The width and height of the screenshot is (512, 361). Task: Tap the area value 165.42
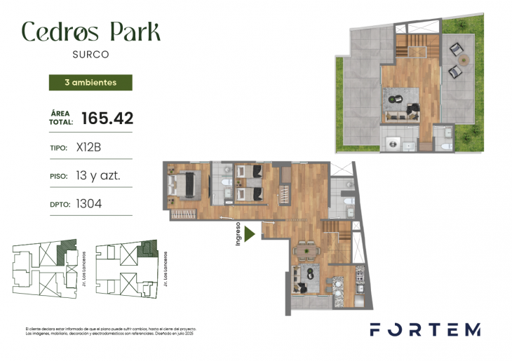point(107,118)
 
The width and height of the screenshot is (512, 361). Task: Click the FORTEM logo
point(425,329)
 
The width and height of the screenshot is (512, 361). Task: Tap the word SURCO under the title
point(90,53)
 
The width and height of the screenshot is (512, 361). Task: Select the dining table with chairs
point(306,250)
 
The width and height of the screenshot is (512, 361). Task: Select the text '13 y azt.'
point(98,176)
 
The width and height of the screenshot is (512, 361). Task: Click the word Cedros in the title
point(58,31)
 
